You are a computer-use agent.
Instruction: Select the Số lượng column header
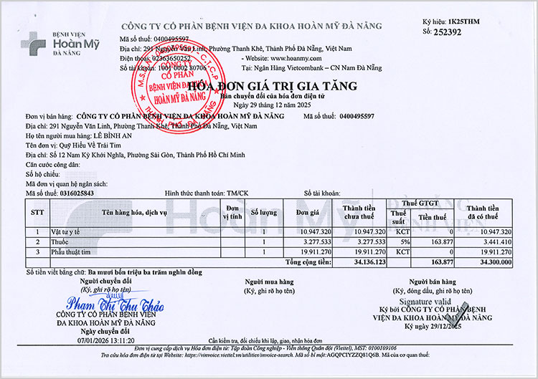click(263, 213)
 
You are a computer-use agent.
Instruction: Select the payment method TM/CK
click(240, 193)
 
